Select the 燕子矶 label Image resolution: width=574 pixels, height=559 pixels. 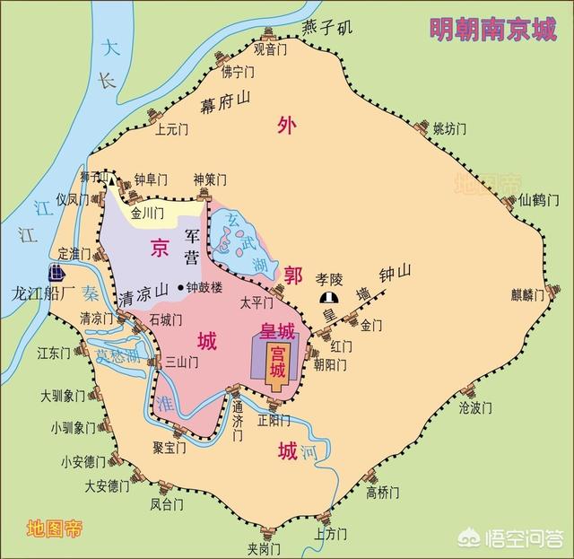[327, 27]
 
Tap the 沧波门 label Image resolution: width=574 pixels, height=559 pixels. [475, 408]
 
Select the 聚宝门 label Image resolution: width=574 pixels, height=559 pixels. [169, 446]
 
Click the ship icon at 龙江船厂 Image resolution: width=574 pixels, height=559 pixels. [57, 273]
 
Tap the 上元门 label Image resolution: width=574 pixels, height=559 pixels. [171, 129]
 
